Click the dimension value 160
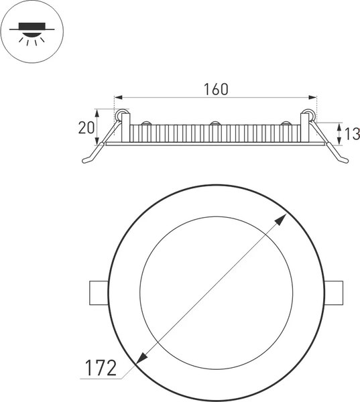[x=216, y=89]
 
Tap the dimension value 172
[x=101, y=368]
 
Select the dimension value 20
[x=86, y=128]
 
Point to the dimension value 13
[x=352, y=134]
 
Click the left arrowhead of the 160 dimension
[x=118, y=97]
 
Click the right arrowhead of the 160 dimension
[x=312, y=97]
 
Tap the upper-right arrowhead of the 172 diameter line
[x=281, y=218]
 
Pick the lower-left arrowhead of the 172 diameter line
[x=141, y=358]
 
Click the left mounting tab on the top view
[x=99, y=293]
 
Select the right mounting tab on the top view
[x=333, y=293]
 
